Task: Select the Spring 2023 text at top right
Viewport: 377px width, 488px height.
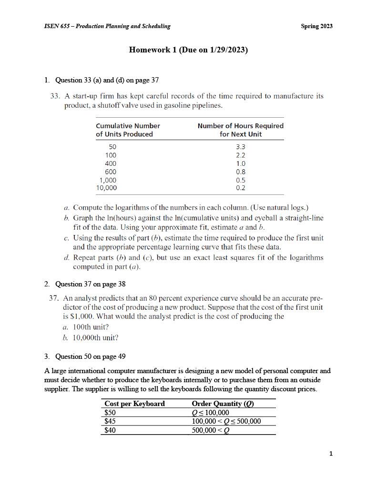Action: point(316,26)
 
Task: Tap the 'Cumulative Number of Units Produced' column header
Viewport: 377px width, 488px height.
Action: point(128,130)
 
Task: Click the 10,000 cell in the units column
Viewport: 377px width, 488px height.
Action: point(106,188)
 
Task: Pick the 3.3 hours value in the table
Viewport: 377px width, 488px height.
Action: point(241,147)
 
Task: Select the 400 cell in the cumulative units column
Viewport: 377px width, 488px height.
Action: point(110,163)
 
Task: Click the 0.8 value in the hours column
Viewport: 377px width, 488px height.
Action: point(241,172)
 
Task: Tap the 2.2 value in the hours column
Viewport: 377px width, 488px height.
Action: point(241,155)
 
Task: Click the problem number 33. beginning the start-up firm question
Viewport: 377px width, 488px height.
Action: point(55,96)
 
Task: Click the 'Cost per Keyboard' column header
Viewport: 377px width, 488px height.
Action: point(134,404)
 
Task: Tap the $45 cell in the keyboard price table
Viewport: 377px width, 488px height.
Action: point(110,421)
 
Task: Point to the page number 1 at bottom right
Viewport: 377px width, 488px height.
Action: point(331,454)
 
